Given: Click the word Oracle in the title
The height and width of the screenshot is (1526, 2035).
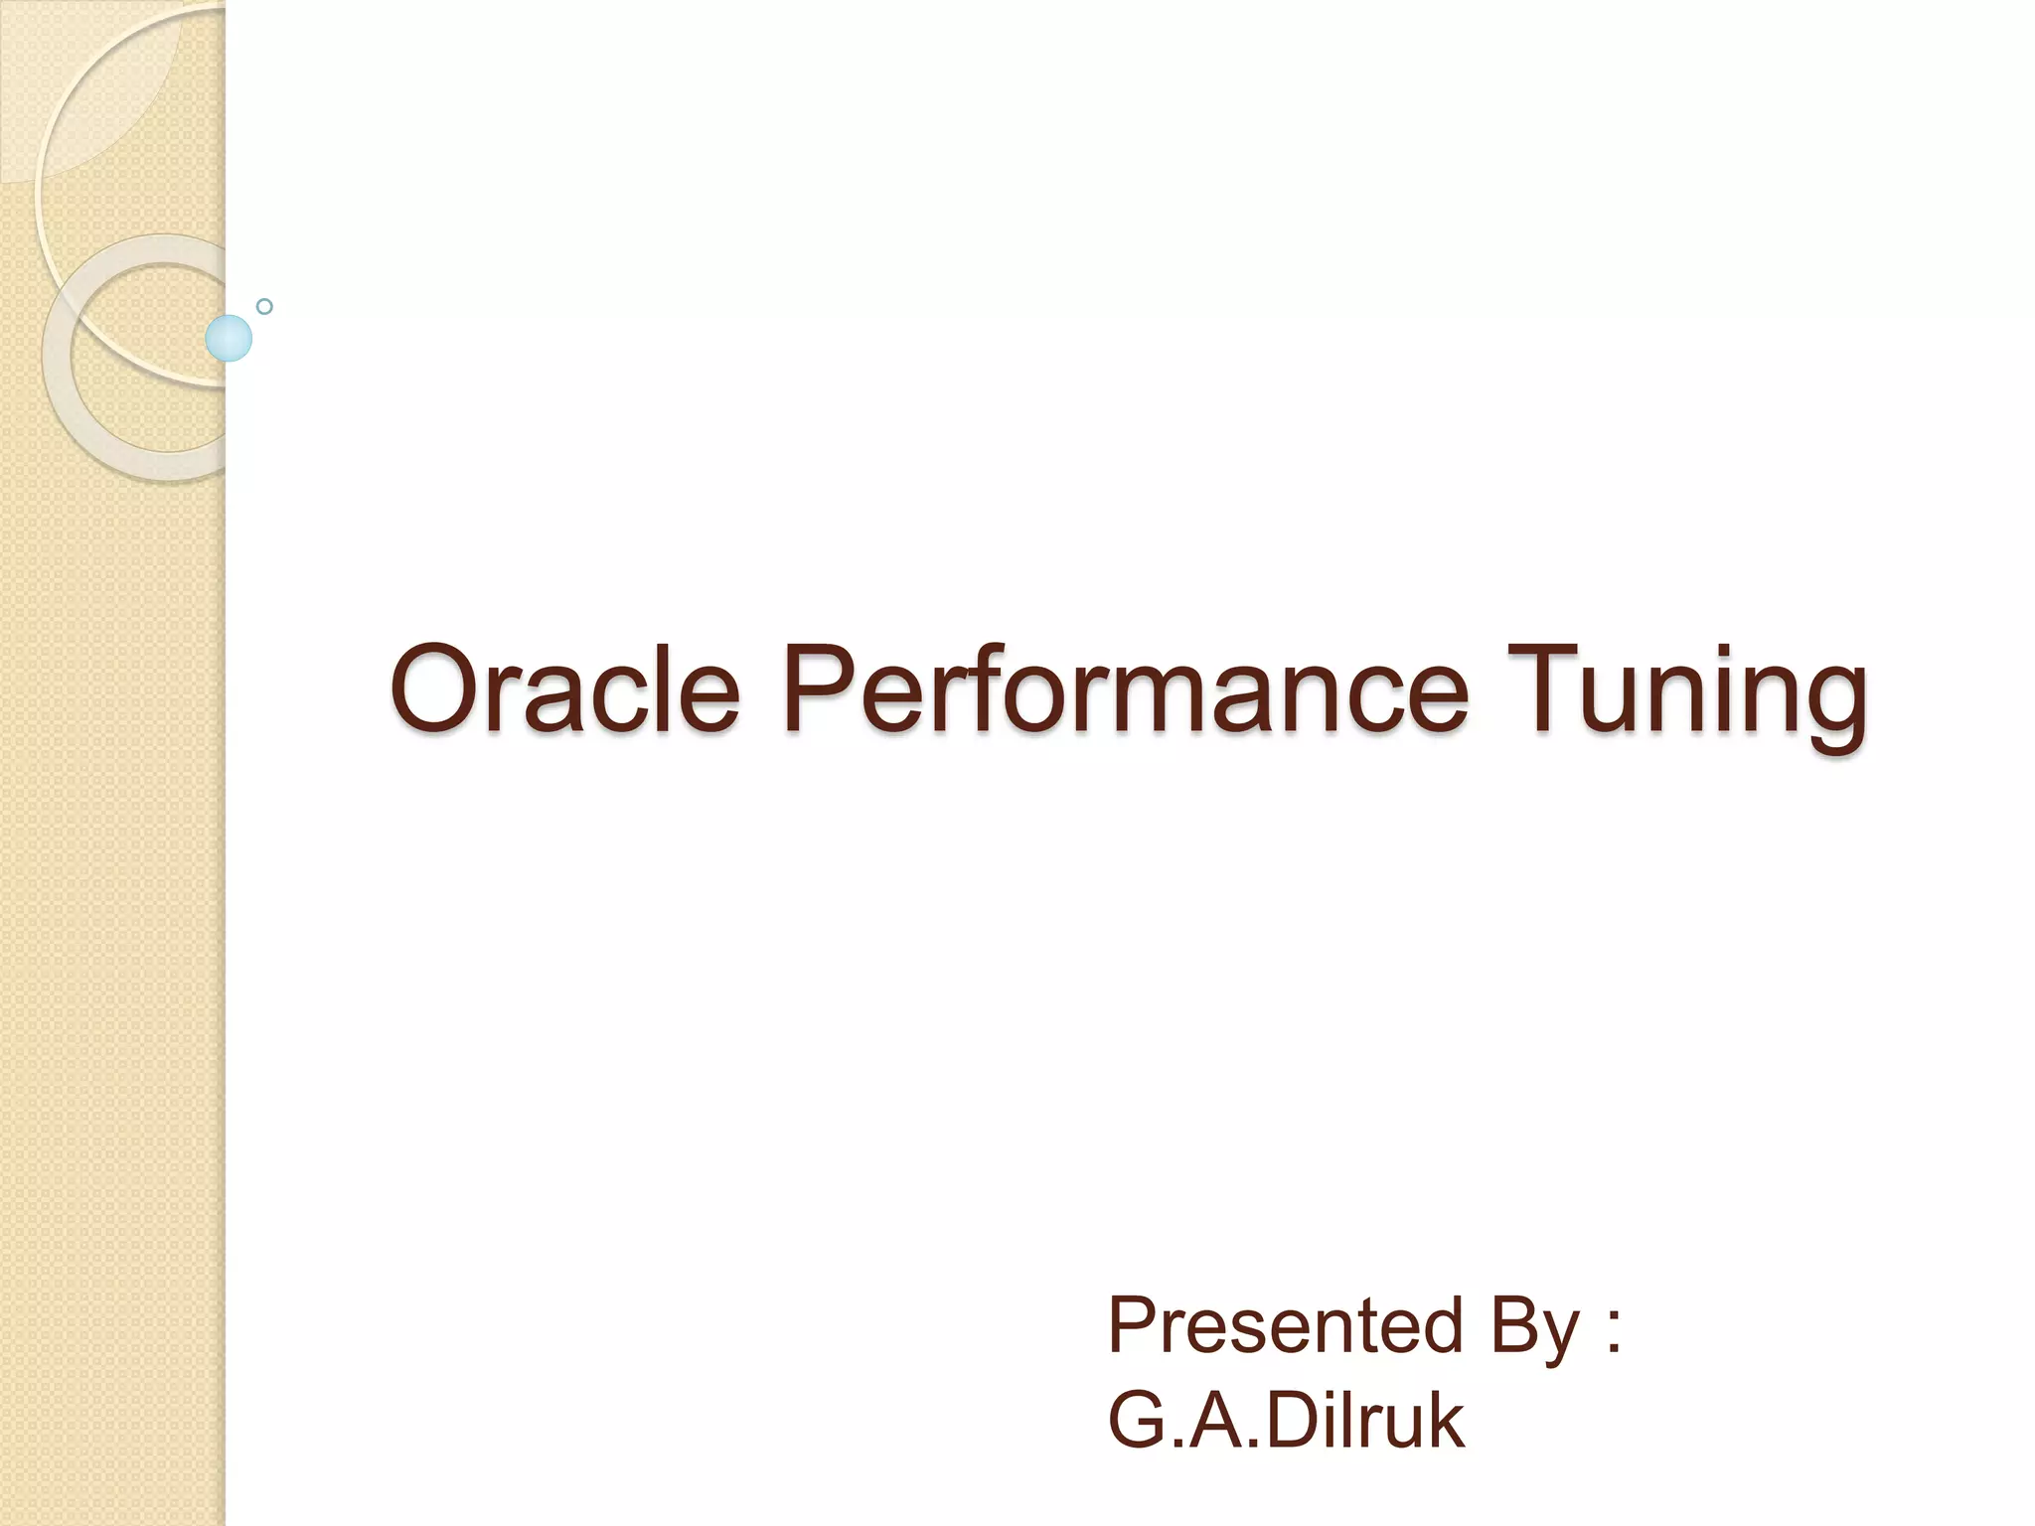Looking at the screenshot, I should pos(564,689).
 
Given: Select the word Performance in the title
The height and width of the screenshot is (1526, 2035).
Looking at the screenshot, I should pos(1124,689).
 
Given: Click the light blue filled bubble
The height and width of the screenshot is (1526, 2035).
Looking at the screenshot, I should pos(229,338).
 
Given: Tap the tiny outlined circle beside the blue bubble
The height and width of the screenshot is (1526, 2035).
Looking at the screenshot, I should pos(264,307).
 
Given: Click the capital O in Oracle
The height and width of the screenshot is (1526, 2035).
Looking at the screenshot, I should pos(434,687).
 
